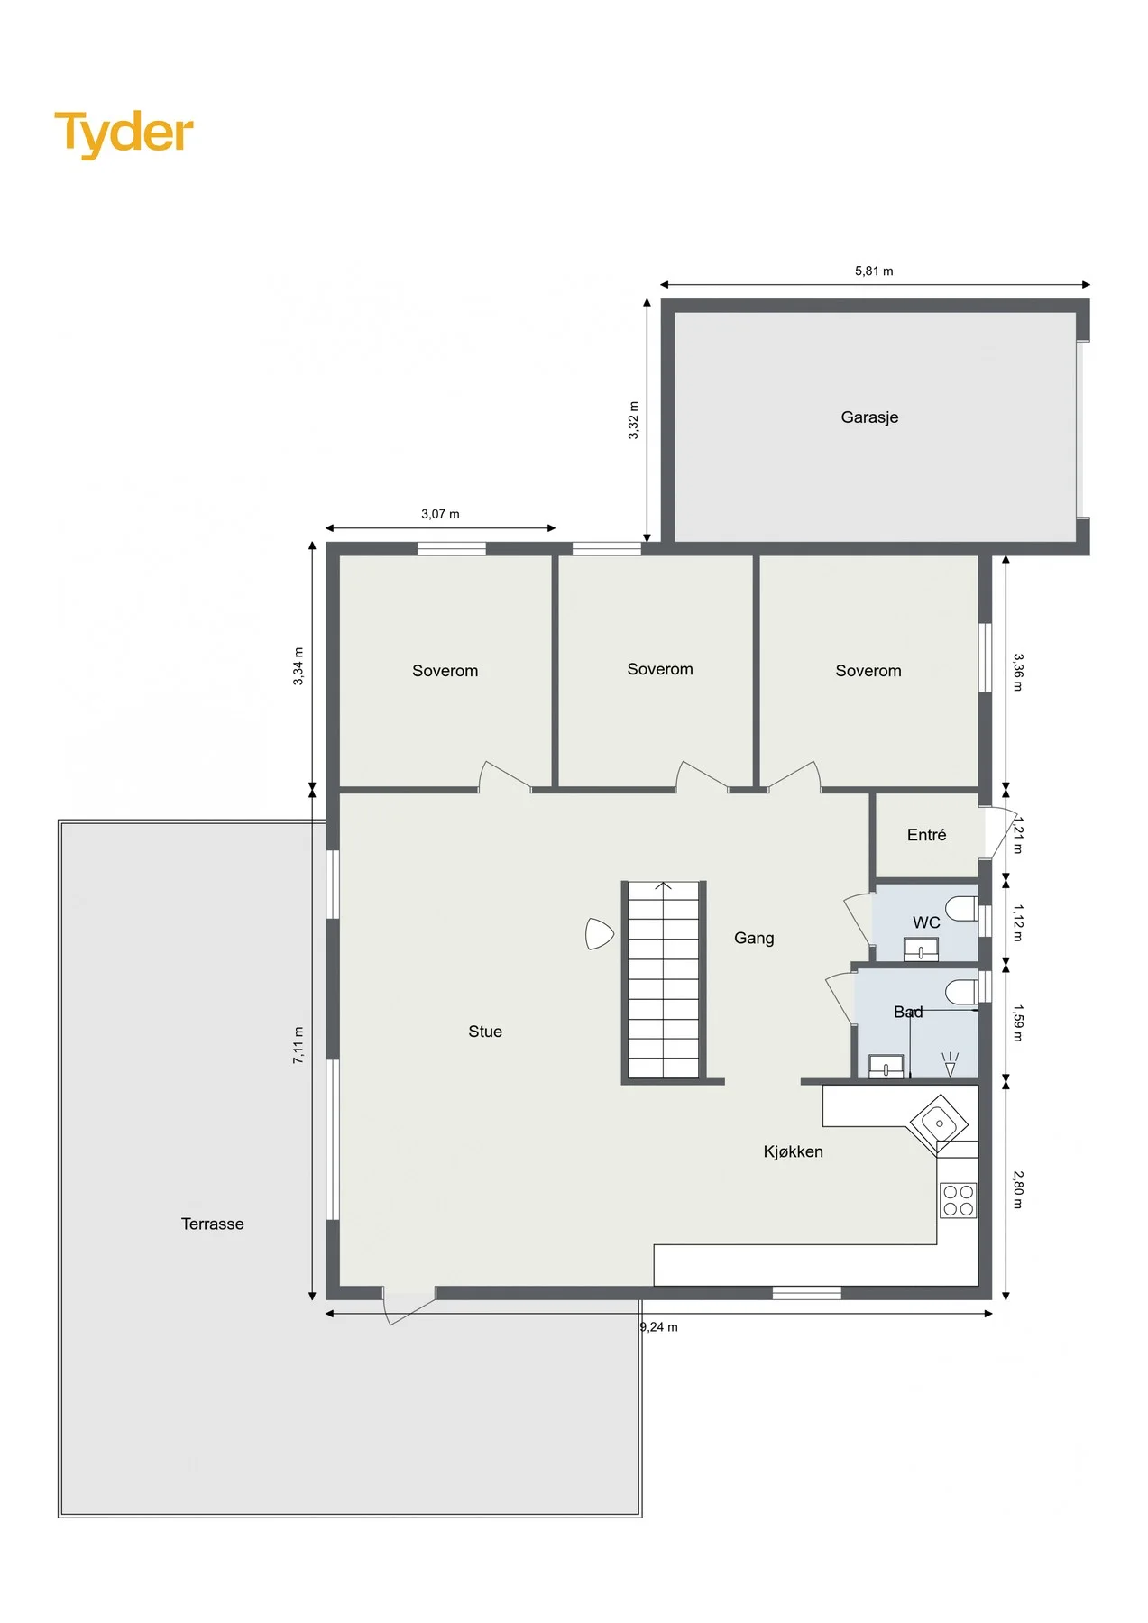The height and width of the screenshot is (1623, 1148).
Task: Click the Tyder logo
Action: coord(124,133)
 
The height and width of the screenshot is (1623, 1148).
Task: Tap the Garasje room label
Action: coord(869,417)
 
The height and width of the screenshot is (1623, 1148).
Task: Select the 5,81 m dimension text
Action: coord(874,270)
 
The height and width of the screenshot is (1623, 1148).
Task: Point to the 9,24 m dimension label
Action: coord(659,1327)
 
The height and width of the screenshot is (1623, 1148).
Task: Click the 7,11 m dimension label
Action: coord(298,1045)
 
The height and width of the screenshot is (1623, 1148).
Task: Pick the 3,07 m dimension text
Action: coord(440,514)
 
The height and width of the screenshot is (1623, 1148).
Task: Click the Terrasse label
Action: coord(213,1224)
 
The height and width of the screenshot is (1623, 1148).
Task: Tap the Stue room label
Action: coord(485,1032)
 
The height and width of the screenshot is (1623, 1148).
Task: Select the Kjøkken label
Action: coord(794,1151)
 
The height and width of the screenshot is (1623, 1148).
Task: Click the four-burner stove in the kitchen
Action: coord(959,1200)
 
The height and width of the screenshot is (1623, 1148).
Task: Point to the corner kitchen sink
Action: coord(939,1123)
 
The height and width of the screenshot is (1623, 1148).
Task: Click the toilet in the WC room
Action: coord(961,909)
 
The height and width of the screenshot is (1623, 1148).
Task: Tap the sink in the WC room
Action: coord(921,949)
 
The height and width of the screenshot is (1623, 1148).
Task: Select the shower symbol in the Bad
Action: coord(950,1065)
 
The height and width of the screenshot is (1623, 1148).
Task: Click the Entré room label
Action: coord(927,835)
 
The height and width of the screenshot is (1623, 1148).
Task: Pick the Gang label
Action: coord(754,938)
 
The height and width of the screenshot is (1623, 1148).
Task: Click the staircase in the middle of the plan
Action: coord(664,981)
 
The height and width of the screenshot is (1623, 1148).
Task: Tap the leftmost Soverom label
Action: coord(445,671)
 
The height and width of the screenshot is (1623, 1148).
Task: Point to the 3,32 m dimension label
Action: coord(634,420)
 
